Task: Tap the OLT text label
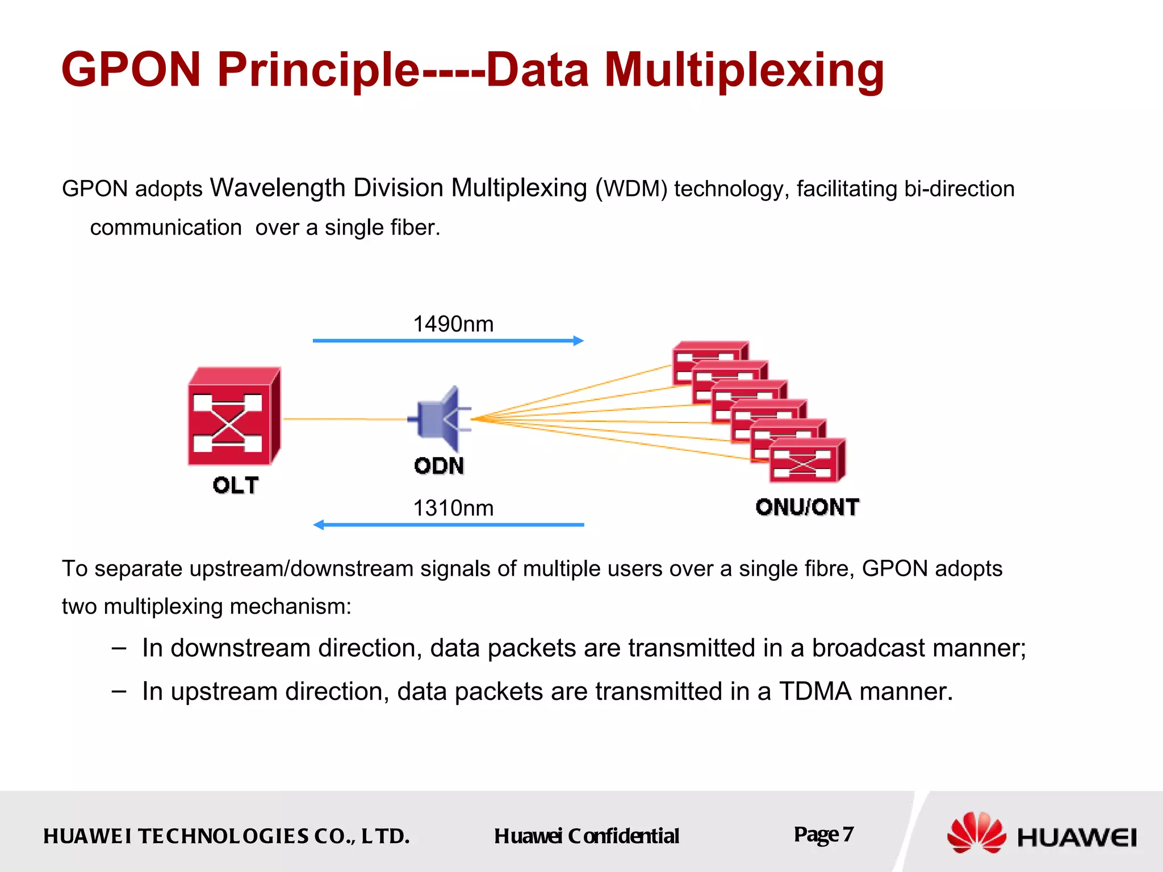236,485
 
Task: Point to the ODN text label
439,466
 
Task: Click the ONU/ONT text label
807,507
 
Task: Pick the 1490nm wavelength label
453,324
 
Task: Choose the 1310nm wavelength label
453,508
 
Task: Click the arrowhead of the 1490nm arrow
579,341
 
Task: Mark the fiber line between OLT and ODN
344,419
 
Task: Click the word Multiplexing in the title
744,70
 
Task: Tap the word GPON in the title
131,70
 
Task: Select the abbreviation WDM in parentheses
631,189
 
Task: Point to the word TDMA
815,691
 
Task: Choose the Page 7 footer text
823,835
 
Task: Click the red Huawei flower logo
976,833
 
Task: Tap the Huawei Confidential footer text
586,836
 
